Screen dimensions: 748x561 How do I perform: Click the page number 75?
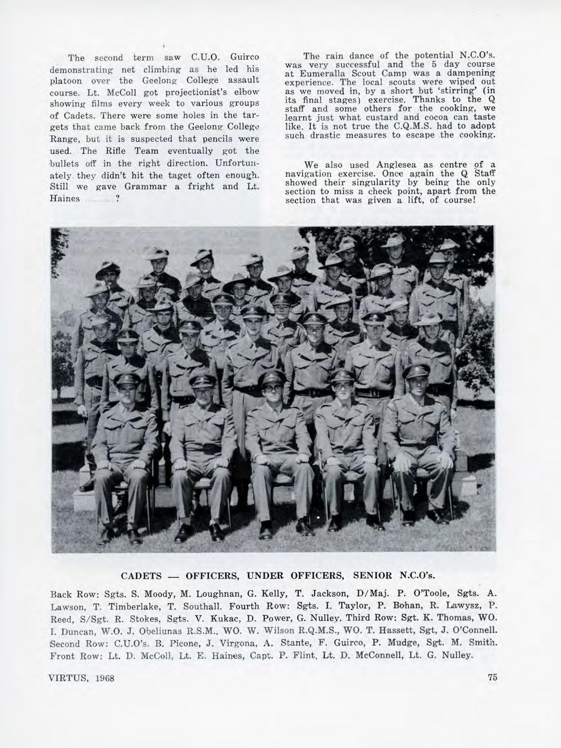pos(492,677)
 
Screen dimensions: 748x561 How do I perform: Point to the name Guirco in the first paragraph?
pos(243,57)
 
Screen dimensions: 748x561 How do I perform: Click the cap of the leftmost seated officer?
pos(127,380)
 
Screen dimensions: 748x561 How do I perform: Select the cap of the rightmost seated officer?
pos(417,371)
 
